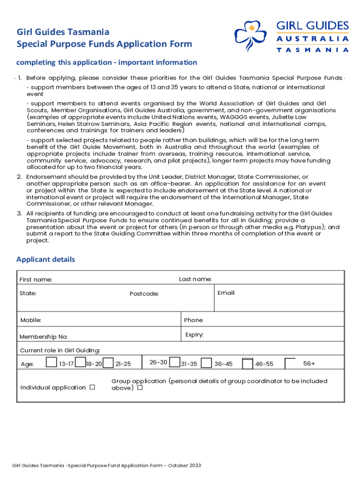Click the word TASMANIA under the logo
[x=312, y=50]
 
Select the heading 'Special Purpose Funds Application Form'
[x=104, y=44]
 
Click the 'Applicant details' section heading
[x=45, y=260]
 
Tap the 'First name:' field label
[x=36, y=280]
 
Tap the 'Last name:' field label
[x=195, y=279]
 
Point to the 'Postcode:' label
[x=144, y=294]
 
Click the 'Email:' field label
[x=226, y=293]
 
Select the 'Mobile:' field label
[x=31, y=320]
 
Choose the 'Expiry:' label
[x=194, y=335]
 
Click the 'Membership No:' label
[x=43, y=337]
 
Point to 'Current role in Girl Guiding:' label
[x=60, y=350]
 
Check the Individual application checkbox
[x=92, y=387]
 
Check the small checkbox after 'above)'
[x=140, y=388]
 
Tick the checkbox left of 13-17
[x=51, y=363]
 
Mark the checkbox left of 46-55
[x=247, y=363]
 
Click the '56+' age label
[x=309, y=363]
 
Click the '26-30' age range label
[x=158, y=363]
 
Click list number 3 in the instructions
[x=20, y=213]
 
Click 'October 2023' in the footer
[x=185, y=465]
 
